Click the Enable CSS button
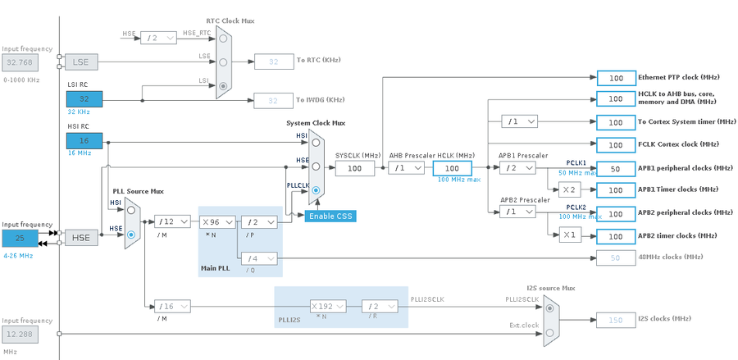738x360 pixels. click(x=331, y=216)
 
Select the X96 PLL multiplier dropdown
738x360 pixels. click(x=218, y=221)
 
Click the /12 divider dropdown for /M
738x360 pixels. click(x=174, y=221)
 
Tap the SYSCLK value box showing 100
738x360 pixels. click(x=354, y=168)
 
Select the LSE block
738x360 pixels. click(x=81, y=62)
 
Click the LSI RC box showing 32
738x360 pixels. click(x=84, y=98)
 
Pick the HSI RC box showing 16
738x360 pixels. click(x=84, y=141)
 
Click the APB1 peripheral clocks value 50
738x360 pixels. click(x=615, y=168)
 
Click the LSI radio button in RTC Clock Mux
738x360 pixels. click(x=223, y=85)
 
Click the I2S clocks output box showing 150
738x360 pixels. click(x=615, y=319)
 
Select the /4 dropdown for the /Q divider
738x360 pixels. click(x=259, y=259)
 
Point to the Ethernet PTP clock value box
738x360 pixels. click(x=615, y=78)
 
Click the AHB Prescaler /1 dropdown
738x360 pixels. click(x=406, y=168)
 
